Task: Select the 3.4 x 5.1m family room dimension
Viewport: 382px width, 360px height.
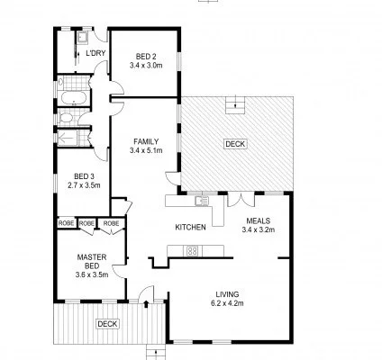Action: coord(145,150)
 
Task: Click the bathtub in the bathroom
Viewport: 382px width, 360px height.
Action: coord(72,96)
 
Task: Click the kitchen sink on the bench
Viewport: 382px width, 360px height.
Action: coord(201,200)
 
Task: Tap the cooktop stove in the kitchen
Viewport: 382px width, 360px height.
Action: coord(193,252)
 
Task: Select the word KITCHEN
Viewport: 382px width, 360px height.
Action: coord(190,227)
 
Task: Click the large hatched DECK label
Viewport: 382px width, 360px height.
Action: coord(233,143)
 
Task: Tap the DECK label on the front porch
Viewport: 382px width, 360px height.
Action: coord(107,323)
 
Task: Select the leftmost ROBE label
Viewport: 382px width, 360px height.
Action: coord(66,222)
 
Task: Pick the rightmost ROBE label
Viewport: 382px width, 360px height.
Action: coord(111,222)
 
